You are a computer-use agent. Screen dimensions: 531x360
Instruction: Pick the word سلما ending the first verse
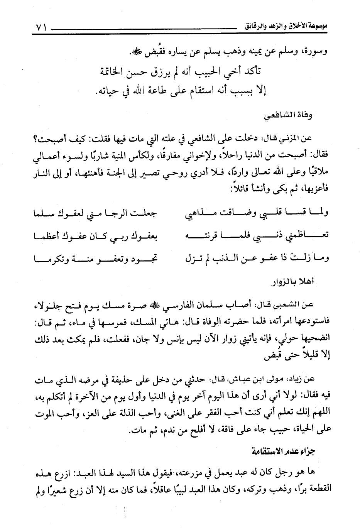[44, 213]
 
